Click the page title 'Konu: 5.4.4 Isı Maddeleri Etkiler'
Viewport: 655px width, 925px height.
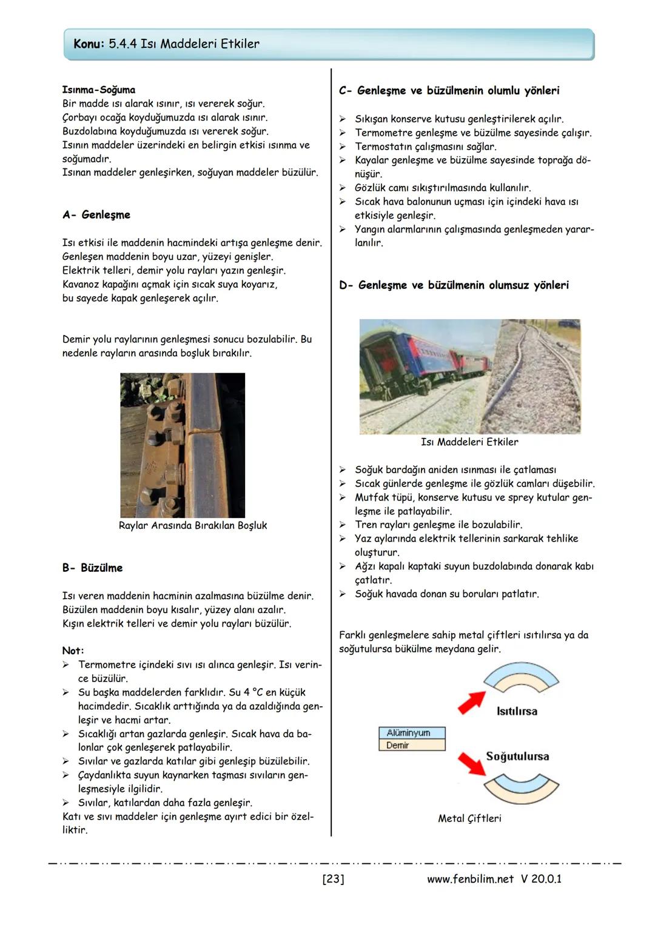(x=166, y=44)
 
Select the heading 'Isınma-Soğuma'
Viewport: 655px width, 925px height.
(x=99, y=90)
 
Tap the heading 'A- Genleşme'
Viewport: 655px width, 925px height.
(x=96, y=215)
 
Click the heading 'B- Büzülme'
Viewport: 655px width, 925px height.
(x=92, y=568)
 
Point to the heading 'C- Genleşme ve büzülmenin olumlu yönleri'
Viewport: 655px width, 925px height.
(x=449, y=91)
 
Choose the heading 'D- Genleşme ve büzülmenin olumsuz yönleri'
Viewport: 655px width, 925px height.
(x=454, y=285)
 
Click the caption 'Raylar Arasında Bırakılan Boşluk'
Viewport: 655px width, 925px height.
(x=193, y=526)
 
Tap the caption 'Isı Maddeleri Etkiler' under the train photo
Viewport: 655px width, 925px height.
(x=469, y=442)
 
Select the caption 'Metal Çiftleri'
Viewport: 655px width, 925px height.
(x=469, y=818)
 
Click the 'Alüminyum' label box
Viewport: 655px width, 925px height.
(x=412, y=733)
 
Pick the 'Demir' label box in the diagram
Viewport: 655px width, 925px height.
(x=412, y=746)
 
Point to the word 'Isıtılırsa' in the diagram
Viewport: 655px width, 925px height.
(x=517, y=711)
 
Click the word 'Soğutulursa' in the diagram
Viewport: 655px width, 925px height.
(x=517, y=757)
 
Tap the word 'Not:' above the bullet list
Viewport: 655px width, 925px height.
(x=73, y=651)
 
